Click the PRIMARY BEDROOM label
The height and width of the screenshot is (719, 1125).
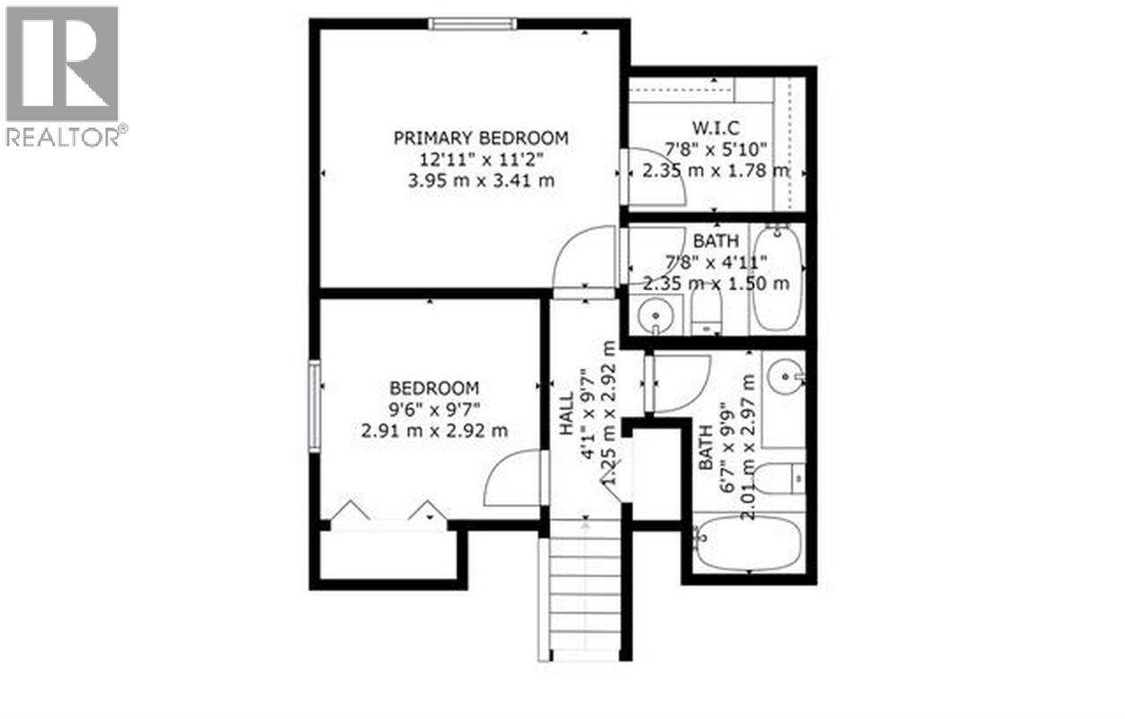(x=481, y=138)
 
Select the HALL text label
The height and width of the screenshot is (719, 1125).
(x=567, y=414)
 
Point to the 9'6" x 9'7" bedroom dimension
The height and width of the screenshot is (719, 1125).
(x=435, y=409)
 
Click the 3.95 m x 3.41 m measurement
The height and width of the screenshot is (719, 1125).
(x=481, y=180)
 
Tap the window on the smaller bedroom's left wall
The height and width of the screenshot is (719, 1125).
(x=314, y=404)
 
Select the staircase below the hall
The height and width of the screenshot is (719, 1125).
(x=584, y=598)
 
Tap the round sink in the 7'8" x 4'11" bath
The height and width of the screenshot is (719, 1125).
(x=658, y=316)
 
